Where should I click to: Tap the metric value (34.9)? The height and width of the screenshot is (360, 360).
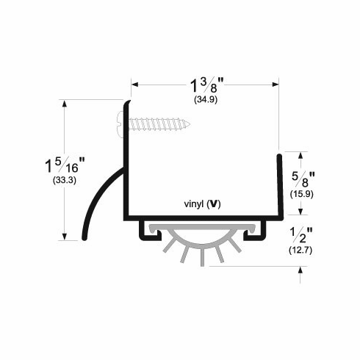[206, 97]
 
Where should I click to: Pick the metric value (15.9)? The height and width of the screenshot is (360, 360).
[303, 195]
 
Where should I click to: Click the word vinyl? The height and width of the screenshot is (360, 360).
[194, 204]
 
